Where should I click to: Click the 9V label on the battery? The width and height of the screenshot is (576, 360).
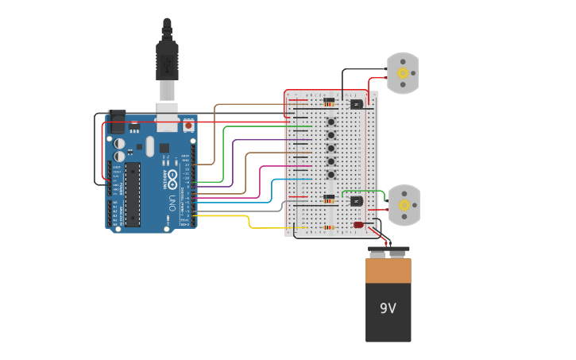pyautogui.click(x=388, y=308)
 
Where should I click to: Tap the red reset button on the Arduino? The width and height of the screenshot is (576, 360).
pyautogui.click(x=188, y=126)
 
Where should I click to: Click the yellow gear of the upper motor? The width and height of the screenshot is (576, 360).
pyautogui.click(x=403, y=73)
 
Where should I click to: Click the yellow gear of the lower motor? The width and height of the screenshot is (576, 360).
pyautogui.click(x=404, y=205)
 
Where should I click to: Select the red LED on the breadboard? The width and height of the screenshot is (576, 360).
pyautogui.click(x=359, y=225)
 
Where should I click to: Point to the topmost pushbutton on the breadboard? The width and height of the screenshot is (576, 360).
pyautogui.click(x=331, y=122)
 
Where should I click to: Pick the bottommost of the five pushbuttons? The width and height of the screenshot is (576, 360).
pyautogui.click(x=331, y=174)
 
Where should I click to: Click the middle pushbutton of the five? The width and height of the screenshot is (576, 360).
pyautogui.click(x=331, y=148)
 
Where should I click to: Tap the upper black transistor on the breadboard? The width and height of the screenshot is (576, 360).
pyautogui.click(x=357, y=104)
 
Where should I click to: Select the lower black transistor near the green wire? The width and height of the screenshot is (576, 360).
pyautogui.click(x=357, y=201)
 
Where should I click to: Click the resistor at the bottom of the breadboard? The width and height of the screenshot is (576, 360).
pyautogui.click(x=329, y=227)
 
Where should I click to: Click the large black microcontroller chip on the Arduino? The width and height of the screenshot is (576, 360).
pyautogui.click(x=133, y=195)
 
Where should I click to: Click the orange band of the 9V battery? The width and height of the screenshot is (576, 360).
pyautogui.click(x=389, y=271)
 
